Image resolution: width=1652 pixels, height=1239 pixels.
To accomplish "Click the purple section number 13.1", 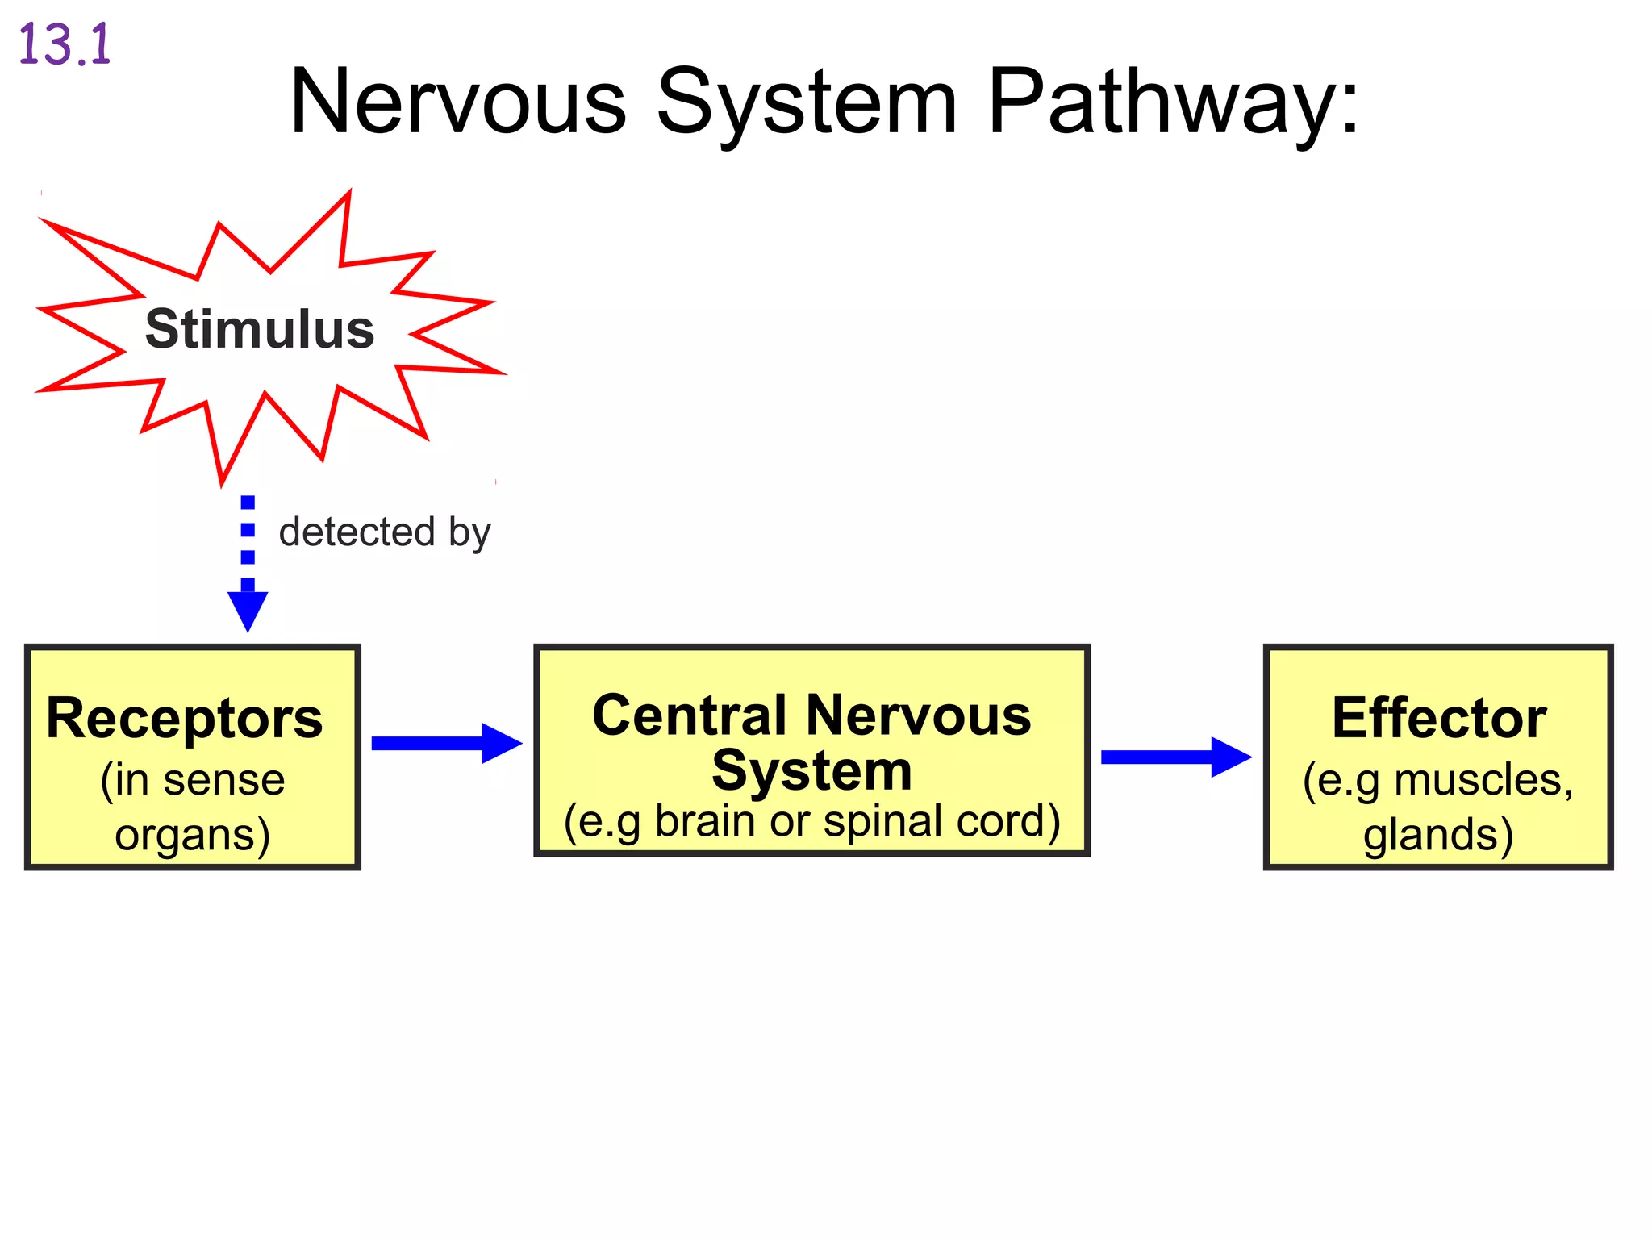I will click(x=65, y=45).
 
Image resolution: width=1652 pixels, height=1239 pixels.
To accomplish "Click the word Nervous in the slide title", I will click(x=457, y=102).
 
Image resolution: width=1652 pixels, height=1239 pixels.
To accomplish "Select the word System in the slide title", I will click(x=807, y=102).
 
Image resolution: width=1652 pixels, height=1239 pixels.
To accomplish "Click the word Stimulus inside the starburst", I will click(x=260, y=329).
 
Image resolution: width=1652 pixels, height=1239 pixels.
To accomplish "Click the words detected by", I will click(x=385, y=532).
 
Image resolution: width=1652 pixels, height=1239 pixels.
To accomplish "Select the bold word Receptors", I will click(x=185, y=718).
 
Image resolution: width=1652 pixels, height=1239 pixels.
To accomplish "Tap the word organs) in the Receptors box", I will click(x=192, y=834).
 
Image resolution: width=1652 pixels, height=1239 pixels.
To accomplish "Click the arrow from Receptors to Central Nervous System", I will click(x=446, y=743).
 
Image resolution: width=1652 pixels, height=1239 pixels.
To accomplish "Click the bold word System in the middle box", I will click(x=811, y=770).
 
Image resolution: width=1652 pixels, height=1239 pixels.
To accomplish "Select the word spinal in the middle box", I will click(x=883, y=821).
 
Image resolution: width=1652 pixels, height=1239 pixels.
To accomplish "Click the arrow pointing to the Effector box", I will click(x=1175, y=757).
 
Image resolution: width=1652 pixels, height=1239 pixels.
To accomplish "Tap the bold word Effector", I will click(x=1438, y=718).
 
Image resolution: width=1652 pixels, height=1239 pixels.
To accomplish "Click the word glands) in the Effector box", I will click(x=1438, y=834).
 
